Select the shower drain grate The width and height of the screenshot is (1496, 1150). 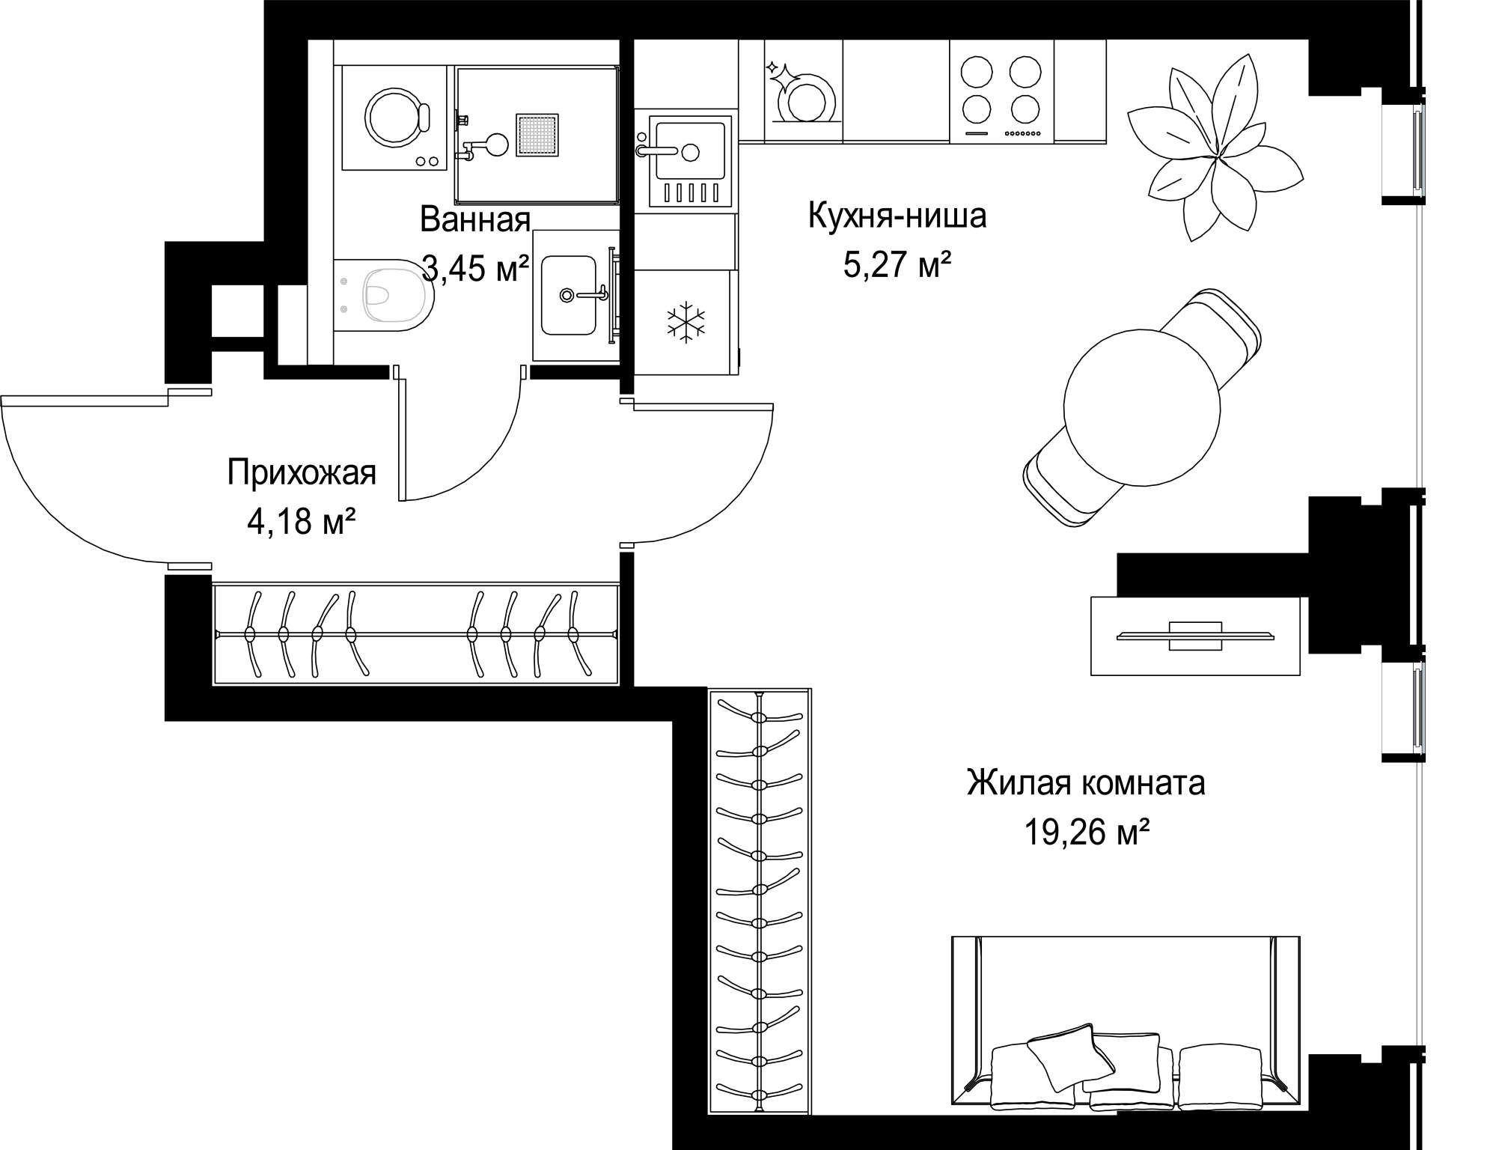(537, 136)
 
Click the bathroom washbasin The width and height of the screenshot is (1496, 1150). (569, 295)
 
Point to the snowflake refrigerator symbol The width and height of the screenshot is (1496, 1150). (686, 323)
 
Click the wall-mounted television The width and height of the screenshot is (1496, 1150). (1195, 636)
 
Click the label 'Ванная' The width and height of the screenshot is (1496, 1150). (475, 219)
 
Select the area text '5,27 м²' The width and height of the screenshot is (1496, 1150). (897, 264)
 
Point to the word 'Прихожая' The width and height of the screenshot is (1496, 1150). (302, 473)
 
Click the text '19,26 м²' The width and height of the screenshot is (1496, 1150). (1087, 832)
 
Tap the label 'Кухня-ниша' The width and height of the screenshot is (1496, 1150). (897, 216)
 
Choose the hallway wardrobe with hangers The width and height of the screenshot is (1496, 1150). (416, 634)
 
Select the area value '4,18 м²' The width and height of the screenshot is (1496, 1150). (301, 521)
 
